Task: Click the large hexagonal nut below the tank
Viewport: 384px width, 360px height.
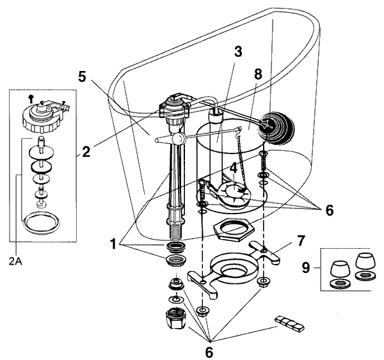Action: tap(228, 228)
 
